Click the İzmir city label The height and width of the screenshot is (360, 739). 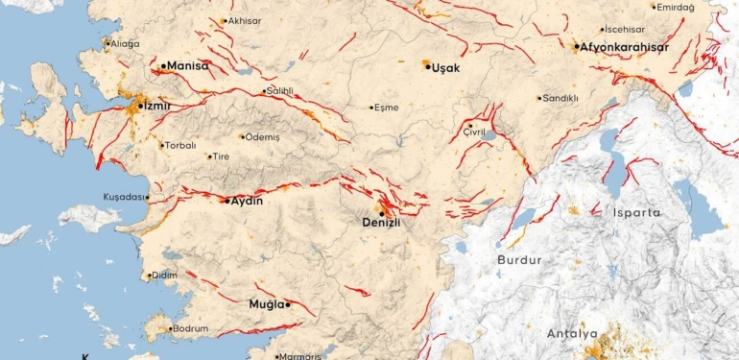coord(156,107)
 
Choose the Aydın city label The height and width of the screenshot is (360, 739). coord(247,201)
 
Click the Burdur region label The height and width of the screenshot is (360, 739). coord(519,260)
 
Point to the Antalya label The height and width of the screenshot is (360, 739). coord(572,334)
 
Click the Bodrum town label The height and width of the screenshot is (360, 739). coord(192,328)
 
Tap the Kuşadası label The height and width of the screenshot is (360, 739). coord(123,197)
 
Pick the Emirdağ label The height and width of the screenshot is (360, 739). coord(675,7)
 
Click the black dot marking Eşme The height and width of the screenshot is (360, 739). coord(372,107)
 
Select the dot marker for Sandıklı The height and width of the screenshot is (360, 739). coord(539,97)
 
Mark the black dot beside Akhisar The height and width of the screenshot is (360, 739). coord(225,20)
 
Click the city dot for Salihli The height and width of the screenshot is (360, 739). coord(264,92)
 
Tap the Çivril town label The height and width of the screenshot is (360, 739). coord(474,132)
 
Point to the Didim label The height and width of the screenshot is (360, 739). coord(165,276)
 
